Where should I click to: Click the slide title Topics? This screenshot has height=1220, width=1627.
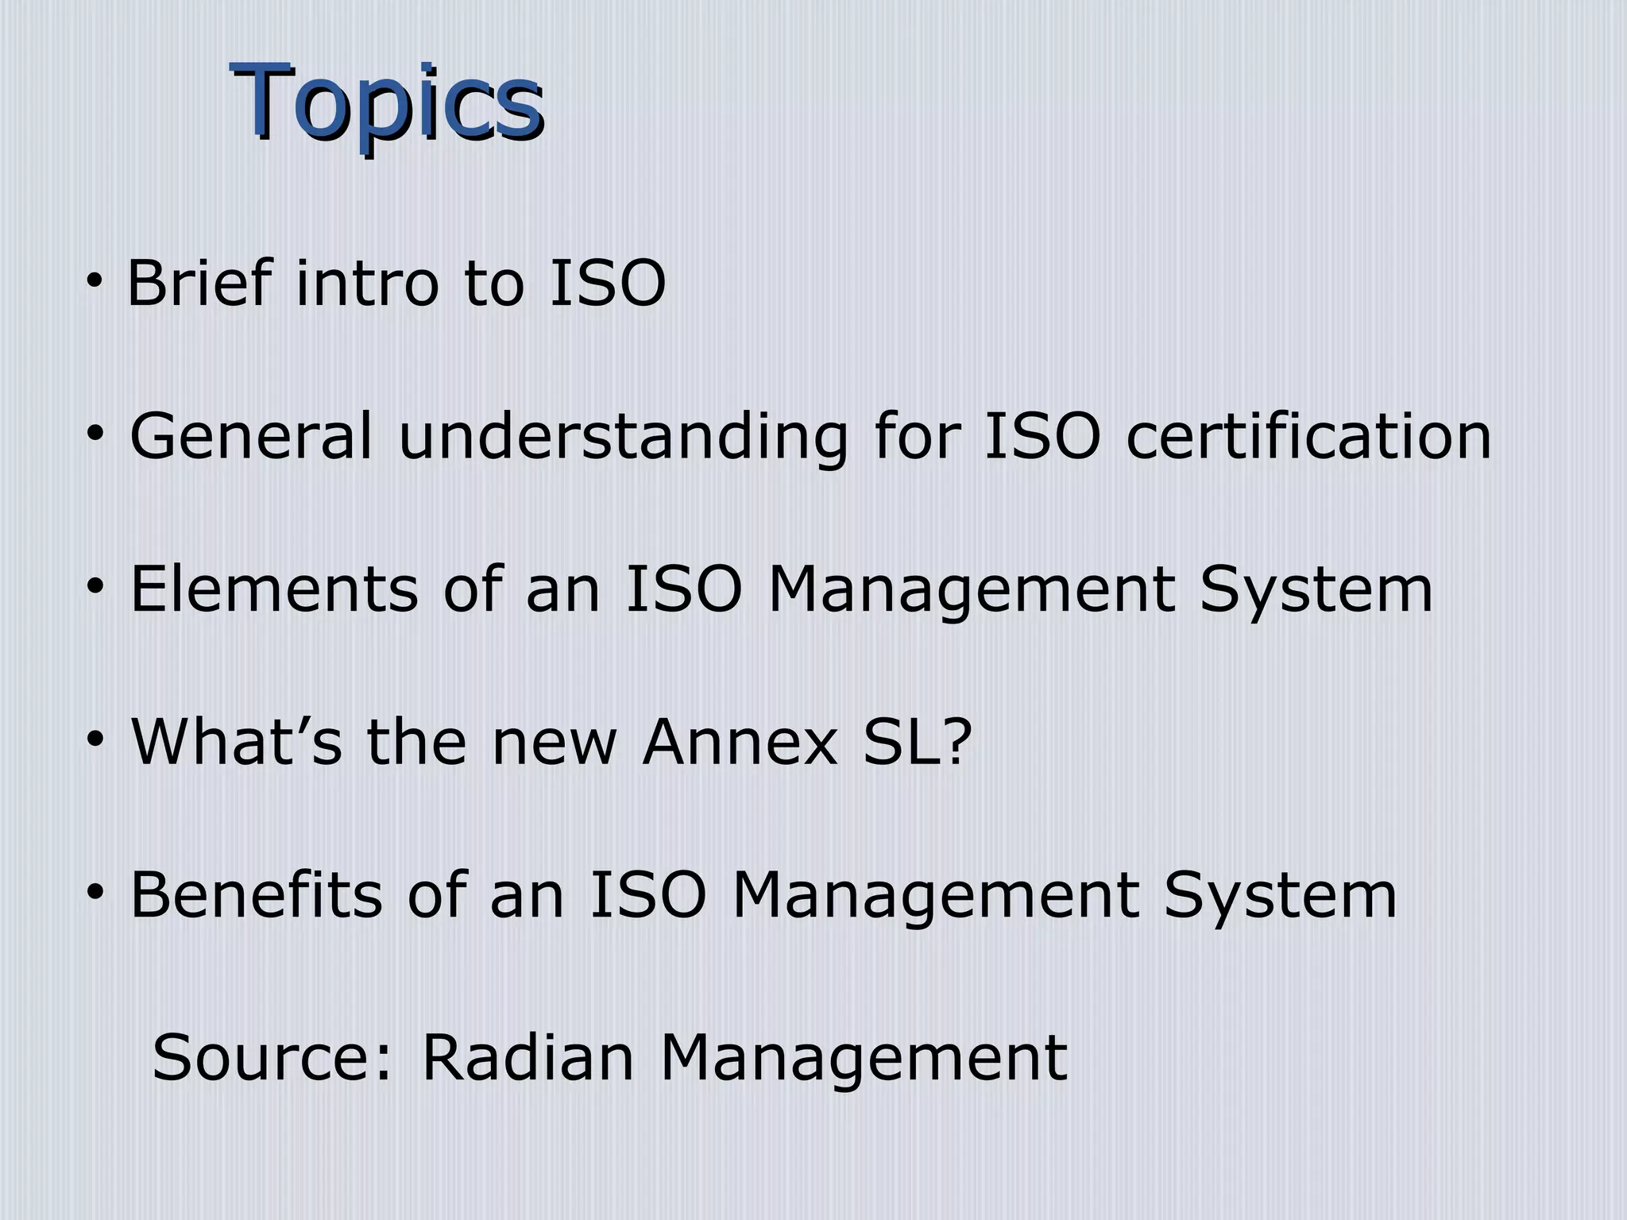coord(387,103)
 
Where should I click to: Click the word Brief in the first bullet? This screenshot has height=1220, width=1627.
coord(199,284)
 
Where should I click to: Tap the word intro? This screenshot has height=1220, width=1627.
coord(366,284)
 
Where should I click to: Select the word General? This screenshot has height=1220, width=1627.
coord(251,436)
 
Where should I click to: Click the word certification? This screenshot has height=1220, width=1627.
coord(1308,436)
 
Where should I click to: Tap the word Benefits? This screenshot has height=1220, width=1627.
coord(257,895)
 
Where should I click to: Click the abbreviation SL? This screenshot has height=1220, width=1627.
coord(918,742)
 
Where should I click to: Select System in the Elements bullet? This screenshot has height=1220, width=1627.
coord(1316,589)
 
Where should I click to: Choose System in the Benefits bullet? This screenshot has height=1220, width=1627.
coord(1280,895)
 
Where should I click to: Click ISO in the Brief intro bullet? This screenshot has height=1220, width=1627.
coord(607,284)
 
